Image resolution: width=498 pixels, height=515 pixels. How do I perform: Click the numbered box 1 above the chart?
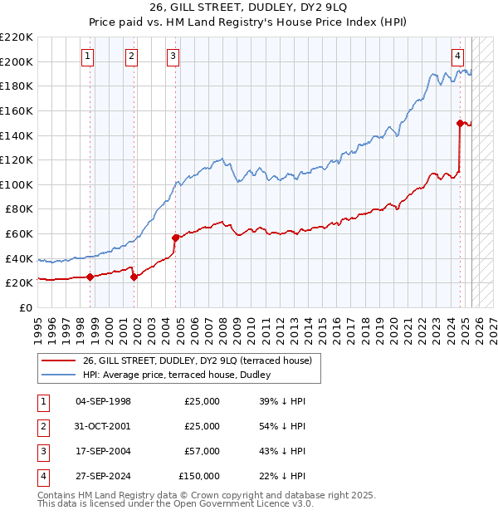pos(88,56)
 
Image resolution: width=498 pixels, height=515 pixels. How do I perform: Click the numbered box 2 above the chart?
pos(131,56)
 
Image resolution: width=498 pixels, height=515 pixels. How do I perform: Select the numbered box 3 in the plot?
pos(173,56)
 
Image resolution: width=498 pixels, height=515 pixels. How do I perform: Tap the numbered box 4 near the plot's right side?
pos(457,56)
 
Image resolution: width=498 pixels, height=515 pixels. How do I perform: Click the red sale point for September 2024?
pos(460,123)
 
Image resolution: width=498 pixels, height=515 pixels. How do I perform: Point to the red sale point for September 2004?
pos(175,238)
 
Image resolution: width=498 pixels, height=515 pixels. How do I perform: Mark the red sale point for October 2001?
pos(134,277)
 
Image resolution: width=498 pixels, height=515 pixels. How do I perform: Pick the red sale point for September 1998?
pos(90,277)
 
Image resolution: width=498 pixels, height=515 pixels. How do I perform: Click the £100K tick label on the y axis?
pos(17,184)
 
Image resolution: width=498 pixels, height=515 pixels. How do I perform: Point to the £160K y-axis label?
pos(17,110)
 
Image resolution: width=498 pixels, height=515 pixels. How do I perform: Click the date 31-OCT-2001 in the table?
pos(103,426)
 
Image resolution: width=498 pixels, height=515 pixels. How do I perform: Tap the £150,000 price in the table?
pos(199,476)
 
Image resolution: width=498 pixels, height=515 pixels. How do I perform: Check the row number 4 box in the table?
pos(43,476)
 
